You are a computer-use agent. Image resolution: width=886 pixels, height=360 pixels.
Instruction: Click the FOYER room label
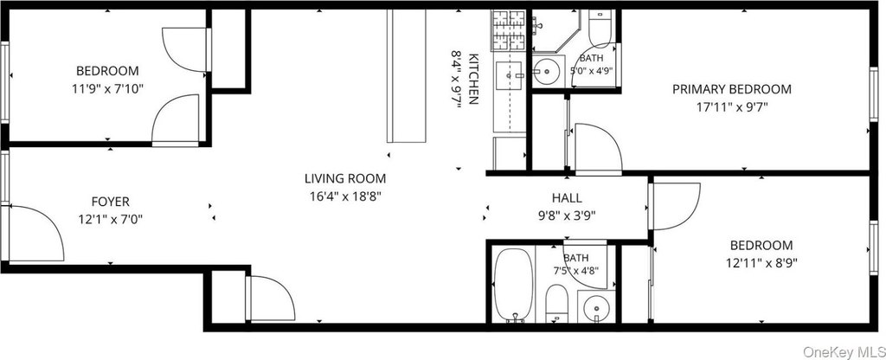click(x=110, y=201)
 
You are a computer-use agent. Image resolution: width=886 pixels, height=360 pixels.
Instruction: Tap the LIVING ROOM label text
click(x=345, y=179)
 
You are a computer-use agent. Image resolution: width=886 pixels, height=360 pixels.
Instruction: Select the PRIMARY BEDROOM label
click(x=732, y=89)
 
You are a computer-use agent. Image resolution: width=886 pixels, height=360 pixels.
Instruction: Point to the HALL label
click(x=567, y=198)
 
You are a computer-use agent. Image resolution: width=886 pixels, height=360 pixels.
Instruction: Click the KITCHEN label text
click(x=474, y=79)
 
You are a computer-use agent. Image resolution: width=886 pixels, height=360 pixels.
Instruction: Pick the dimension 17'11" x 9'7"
click(x=732, y=106)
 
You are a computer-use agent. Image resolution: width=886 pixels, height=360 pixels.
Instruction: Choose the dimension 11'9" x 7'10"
click(x=107, y=88)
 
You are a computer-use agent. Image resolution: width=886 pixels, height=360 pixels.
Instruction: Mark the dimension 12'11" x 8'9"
click(x=761, y=262)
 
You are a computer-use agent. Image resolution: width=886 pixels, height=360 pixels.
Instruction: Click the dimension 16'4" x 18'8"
click(x=345, y=196)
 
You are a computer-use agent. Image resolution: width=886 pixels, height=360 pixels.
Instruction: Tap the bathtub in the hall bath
click(x=513, y=284)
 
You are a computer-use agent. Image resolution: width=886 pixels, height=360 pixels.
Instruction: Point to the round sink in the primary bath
click(x=547, y=72)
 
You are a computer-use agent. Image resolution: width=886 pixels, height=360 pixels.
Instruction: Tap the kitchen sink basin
click(x=510, y=74)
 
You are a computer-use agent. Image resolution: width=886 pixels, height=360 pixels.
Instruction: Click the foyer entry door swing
click(x=35, y=234)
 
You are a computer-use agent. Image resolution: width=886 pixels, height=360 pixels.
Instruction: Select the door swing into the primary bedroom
click(x=598, y=147)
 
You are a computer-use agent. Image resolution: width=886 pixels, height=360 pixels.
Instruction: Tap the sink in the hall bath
click(x=594, y=308)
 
